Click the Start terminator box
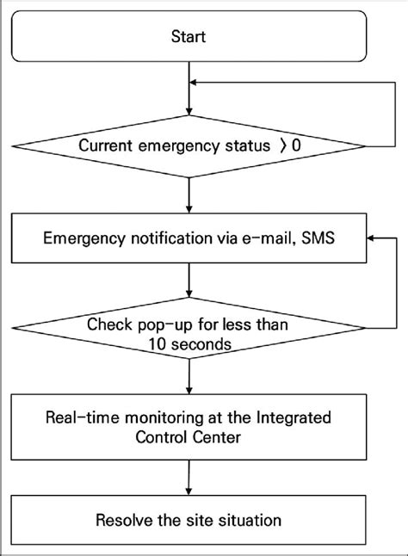[188, 38]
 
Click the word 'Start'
[188, 38]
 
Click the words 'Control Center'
[188, 436]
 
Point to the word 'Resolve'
[122, 520]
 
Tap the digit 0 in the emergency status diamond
[297, 145]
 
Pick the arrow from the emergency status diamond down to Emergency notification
[188, 193]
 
